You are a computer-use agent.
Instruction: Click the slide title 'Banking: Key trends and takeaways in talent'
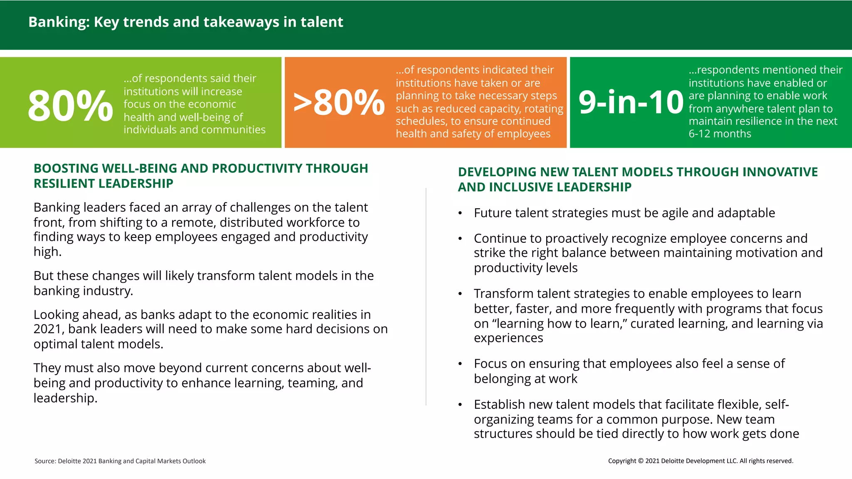click(186, 22)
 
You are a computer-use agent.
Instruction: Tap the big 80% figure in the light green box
click(70, 106)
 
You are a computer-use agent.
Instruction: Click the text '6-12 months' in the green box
click(720, 134)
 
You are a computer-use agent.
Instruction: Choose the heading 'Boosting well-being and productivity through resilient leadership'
click(201, 176)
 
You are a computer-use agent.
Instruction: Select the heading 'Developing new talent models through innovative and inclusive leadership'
click(638, 179)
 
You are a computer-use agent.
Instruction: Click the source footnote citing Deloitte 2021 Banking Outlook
click(120, 461)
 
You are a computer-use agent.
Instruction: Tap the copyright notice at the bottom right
click(701, 461)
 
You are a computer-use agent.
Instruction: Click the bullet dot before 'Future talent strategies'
click(460, 213)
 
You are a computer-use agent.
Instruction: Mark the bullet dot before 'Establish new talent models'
click(460, 405)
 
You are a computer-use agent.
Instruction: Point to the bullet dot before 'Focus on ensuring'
click(460, 364)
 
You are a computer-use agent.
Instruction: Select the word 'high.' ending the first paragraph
click(47, 252)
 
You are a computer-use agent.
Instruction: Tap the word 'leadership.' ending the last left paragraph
click(65, 398)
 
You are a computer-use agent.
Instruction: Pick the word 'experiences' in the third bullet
click(508, 338)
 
